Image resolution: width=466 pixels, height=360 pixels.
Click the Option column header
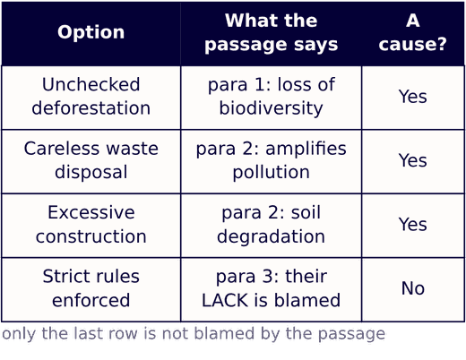pos(91,32)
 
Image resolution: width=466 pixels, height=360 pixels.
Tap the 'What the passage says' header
pos(272,32)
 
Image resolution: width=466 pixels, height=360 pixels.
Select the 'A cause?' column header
pos(413,32)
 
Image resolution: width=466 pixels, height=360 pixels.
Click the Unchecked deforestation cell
pos(91,96)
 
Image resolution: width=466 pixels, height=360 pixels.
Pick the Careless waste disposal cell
pos(91,160)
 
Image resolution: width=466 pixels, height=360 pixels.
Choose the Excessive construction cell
pos(91,224)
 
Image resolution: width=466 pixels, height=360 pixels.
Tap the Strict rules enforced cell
pos(91,288)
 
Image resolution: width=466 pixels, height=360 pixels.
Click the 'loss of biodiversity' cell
pos(272,96)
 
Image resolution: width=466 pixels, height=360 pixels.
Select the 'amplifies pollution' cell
pos(272,160)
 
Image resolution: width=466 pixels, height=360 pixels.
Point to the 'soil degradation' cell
pos(272,224)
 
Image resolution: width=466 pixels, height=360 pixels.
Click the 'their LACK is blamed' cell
pos(272,288)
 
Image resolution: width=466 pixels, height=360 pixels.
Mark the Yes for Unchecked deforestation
pos(413,97)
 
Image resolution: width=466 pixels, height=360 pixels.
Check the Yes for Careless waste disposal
pos(413,160)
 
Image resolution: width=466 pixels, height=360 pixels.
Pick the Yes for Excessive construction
pos(413,224)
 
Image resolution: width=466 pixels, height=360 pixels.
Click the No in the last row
pos(413,288)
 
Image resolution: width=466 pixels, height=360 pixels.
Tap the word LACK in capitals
pos(225,300)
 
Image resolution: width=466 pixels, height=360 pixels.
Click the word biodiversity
pos(272,108)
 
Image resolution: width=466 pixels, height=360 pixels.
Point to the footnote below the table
pos(194,334)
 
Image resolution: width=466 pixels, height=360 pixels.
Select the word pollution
pos(272,172)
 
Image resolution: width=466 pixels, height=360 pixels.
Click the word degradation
pos(272,236)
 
